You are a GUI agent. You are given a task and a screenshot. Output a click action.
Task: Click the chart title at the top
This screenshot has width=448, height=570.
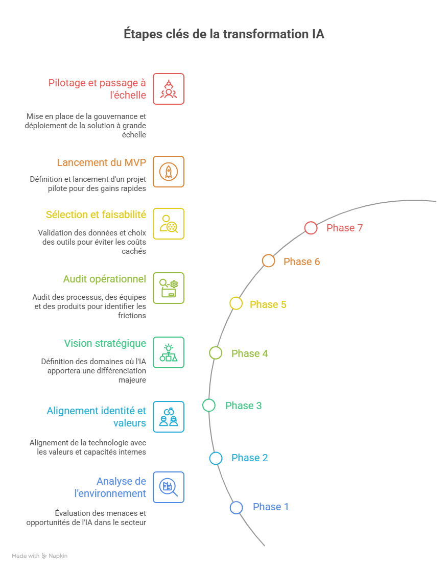pos(224,38)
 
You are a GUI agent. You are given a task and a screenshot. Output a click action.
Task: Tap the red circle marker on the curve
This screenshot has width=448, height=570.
pos(310,227)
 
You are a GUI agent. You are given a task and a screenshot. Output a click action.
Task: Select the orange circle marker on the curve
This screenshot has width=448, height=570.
pos(267,259)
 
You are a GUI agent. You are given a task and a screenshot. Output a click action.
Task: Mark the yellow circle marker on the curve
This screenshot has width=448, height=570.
pos(235,302)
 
